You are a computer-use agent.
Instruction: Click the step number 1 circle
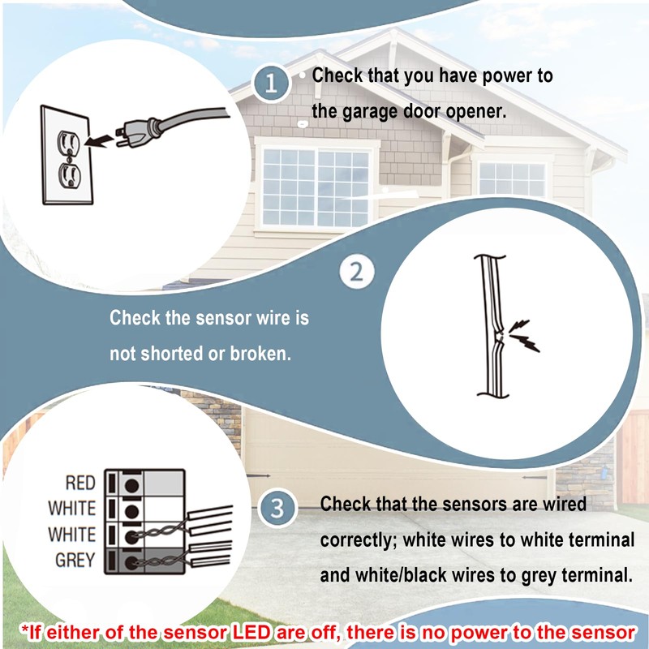click(x=271, y=84)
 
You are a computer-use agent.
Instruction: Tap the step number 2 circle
click(x=357, y=272)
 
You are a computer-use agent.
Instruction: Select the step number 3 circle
click(x=277, y=508)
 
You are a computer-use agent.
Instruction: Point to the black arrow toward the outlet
click(x=99, y=140)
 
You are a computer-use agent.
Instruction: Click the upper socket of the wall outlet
click(x=68, y=143)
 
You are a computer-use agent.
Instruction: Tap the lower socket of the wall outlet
click(x=69, y=175)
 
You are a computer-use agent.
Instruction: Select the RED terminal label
click(x=80, y=483)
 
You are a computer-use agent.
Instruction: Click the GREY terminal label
click(x=75, y=560)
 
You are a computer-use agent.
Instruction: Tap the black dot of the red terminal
click(x=131, y=485)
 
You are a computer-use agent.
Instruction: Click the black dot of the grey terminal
click(x=131, y=562)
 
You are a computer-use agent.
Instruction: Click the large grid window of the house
click(x=316, y=187)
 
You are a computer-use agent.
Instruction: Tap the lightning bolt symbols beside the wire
click(x=524, y=335)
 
